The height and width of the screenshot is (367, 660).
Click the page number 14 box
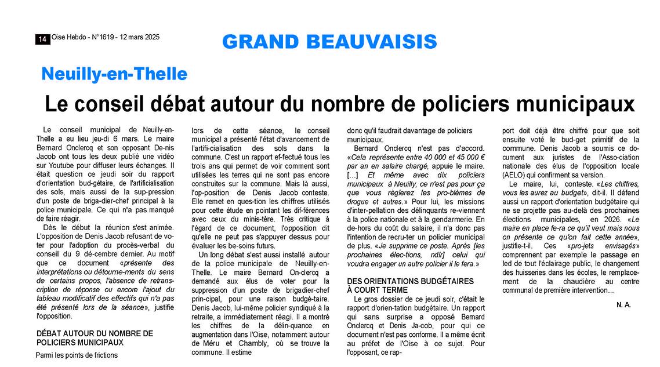(x=42, y=39)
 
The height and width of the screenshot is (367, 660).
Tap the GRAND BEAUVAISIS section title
(x=329, y=42)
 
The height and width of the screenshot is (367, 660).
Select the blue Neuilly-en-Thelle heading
(x=114, y=74)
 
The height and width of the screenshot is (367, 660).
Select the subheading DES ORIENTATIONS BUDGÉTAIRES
(x=411, y=281)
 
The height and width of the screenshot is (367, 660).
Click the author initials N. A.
(x=624, y=304)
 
